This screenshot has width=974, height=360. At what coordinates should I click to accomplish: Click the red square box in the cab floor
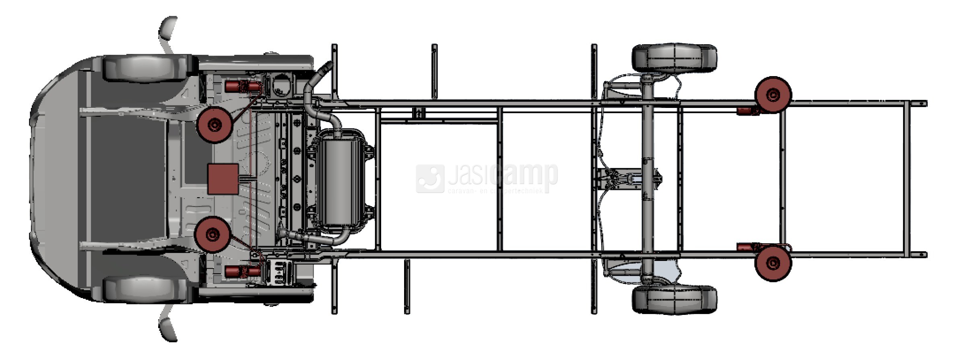point(223,179)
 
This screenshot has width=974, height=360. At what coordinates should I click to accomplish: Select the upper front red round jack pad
point(215,124)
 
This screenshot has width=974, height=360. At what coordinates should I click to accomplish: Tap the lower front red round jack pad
point(213,234)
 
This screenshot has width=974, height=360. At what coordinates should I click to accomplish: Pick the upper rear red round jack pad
point(773,95)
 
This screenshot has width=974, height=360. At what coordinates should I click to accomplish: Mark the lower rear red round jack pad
point(773,263)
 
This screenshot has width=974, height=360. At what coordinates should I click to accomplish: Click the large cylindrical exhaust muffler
point(341,182)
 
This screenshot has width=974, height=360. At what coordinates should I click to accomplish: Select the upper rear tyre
point(674,58)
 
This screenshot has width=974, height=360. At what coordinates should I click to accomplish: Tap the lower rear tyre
point(674,300)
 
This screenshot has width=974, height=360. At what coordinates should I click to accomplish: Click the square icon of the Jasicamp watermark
point(430,178)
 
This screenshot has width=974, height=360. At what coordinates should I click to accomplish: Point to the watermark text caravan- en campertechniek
point(495,191)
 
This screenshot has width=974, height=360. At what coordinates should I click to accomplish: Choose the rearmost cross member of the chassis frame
point(906,179)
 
